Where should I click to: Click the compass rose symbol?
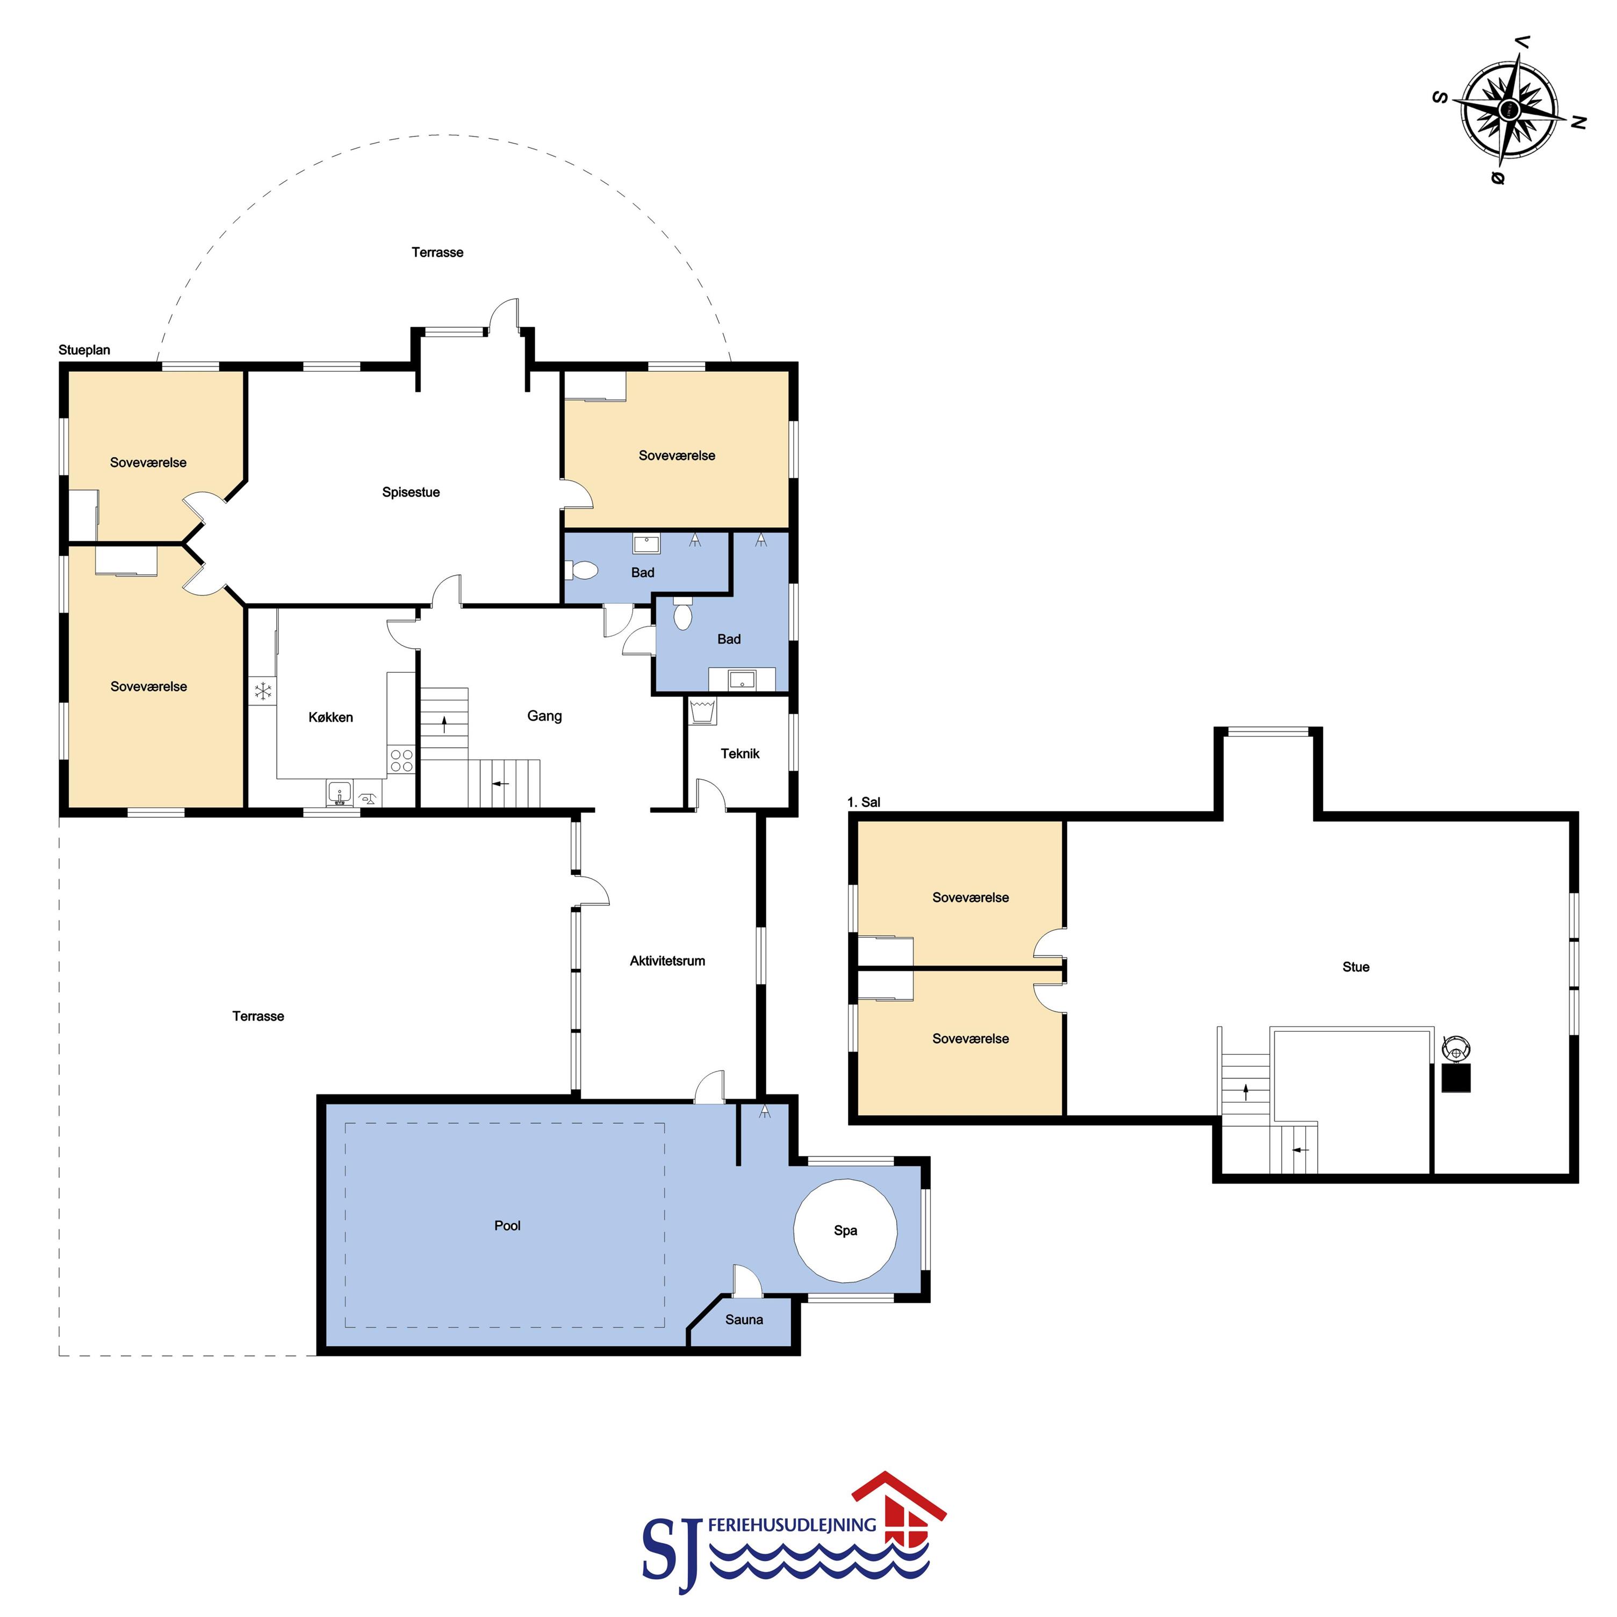1508,110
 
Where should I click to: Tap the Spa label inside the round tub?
845,1230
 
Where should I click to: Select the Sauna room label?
744,1320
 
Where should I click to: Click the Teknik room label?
740,753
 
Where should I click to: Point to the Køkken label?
330,717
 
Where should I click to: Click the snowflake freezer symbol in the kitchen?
263,691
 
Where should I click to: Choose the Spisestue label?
411,492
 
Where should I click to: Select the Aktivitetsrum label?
667,961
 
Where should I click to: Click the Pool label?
507,1225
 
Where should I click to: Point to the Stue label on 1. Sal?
1356,967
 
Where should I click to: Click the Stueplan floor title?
84,350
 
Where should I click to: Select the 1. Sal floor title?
863,802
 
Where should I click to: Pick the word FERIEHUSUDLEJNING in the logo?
792,1526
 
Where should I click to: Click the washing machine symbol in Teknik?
702,712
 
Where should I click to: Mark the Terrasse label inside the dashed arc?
437,252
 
